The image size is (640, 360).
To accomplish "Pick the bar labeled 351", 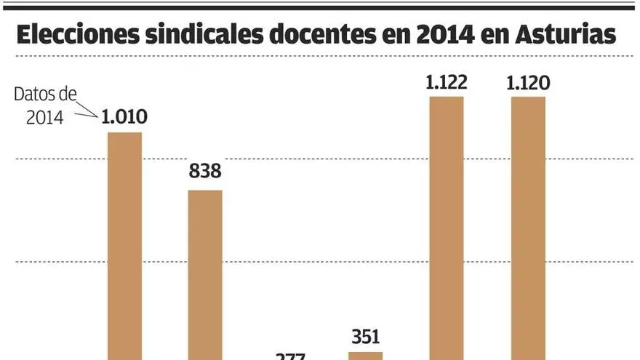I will click(x=365, y=356).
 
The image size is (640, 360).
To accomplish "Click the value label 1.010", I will click(x=124, y=116).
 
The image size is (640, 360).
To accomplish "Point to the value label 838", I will click(x=205, y=173).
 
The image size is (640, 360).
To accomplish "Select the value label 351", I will click(x=365, y=337).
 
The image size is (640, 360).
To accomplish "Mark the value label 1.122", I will click(x=447, y=81).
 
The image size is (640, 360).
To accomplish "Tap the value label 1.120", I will click(x=528, y=81).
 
